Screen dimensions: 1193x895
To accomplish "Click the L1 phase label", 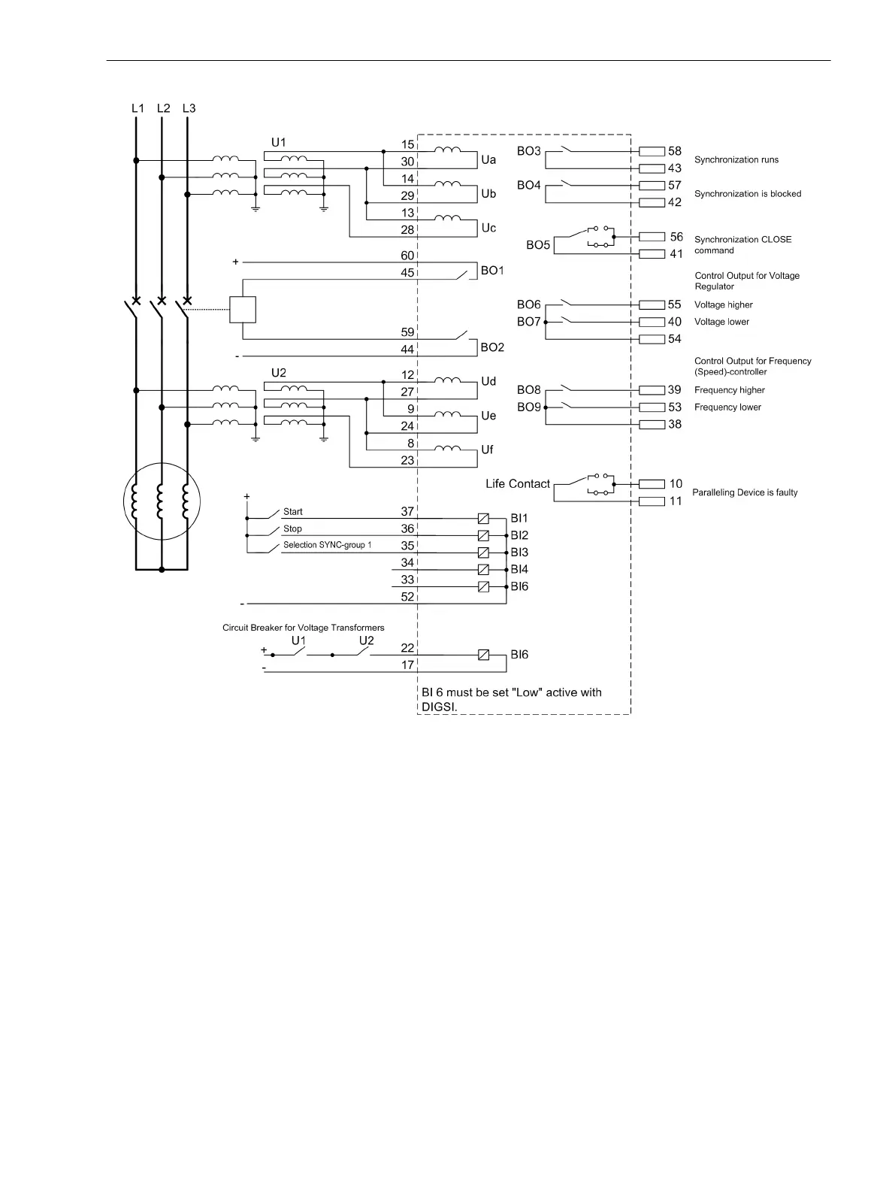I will (x=138, y=108).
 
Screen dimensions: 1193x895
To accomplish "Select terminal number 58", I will (x=675, y=151).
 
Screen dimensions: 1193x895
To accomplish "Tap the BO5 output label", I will (x=538, y=245).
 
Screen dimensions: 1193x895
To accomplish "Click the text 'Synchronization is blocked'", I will (x=748, y=194).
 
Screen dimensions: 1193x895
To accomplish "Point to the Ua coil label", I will (x=488, y=159).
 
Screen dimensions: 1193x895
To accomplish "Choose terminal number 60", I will (x=407, y=256).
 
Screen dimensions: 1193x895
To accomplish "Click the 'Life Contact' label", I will (x=518, y=484).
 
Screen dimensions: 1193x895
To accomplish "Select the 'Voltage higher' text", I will (x=723, y=304).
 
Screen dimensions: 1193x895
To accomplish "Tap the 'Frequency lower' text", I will (x=727, y=407).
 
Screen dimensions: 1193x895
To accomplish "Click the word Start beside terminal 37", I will (x=293, y=512).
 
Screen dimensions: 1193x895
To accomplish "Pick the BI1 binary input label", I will (x=519, y=519).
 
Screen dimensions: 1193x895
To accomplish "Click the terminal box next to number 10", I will (x=652, y=484).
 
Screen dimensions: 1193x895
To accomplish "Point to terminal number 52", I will (x=407, y=597).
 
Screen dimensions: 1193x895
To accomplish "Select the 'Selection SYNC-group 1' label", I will (x=327, y=545).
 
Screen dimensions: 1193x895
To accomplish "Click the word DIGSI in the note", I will (x=439, y=707).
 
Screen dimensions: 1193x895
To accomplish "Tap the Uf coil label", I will (x=487, y=450).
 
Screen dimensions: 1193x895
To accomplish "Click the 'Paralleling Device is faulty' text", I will (x=745, y=492).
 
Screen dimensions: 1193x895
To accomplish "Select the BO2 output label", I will (x=492, y=347).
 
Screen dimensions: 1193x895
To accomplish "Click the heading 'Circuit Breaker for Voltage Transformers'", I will (x=304, y=628).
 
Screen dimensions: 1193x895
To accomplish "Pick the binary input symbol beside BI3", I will (x=483, y=553).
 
